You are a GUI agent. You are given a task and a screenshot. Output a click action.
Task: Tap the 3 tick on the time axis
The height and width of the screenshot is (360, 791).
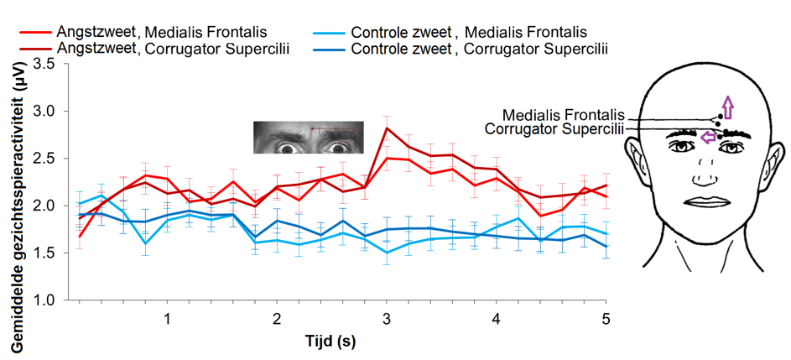click(x=387, y=320)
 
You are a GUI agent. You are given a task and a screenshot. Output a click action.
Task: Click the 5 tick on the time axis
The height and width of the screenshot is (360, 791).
click(x=606, y=320)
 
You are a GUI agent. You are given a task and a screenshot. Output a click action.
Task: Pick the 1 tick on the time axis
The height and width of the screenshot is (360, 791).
click(x=168, y=320)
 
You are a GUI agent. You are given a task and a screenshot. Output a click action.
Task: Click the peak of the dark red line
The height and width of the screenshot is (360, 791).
click(x=387, y=128)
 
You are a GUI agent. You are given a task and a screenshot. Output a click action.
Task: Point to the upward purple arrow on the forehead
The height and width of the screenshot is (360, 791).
click(x=728, y=107)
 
